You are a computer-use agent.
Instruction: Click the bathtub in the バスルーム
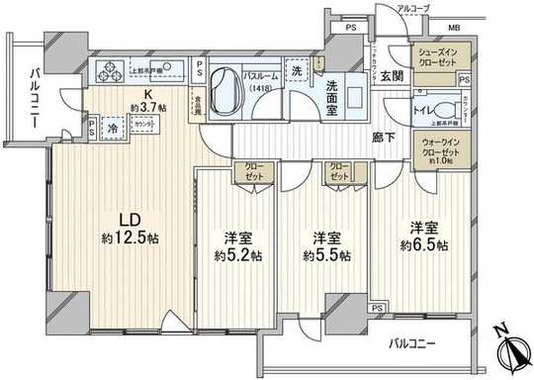click(x=230, y=86)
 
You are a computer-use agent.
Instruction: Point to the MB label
click(x=481, y=29)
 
